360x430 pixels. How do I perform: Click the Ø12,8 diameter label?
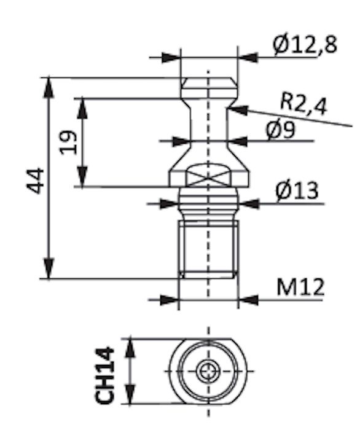(305, 44)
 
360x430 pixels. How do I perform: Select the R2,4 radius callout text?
(304, 104)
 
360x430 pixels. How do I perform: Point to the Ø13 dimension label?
(297, 190)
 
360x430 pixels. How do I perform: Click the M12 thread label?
(300, 287)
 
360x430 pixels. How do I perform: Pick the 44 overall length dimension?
(35, 181)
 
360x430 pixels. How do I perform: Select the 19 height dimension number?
(69, 143)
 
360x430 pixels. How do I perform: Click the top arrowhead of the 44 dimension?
(49, 87)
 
